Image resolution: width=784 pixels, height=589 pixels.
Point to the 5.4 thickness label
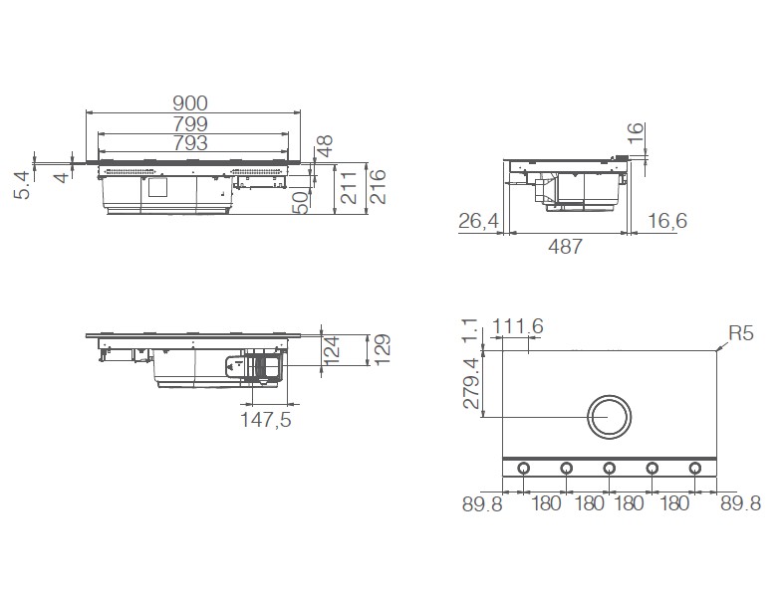coord(22,184)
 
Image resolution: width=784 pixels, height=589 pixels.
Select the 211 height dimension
coord(350,186)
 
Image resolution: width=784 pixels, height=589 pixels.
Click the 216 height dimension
coord(379,186)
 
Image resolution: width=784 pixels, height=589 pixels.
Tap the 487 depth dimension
coord(564,247)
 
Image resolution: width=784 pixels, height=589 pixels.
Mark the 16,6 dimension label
coord(665,221)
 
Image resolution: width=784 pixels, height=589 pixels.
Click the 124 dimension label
coord(334,349)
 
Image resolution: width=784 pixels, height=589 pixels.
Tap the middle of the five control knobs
coord(609,469)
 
